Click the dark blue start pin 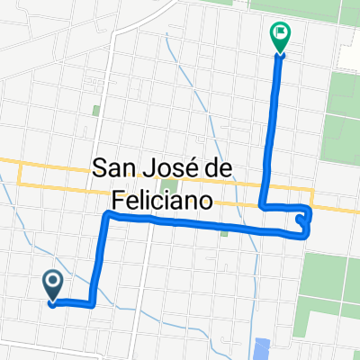53,285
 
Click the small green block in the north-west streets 96,111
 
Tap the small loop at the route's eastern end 304,220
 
